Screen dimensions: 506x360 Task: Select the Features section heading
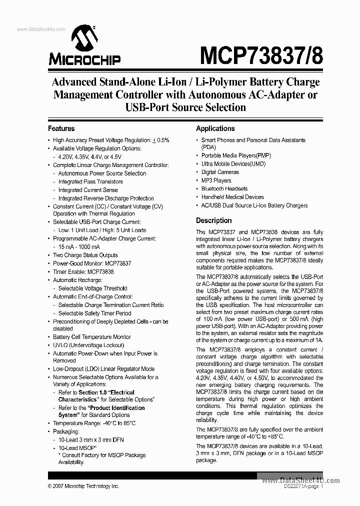pos(61,128)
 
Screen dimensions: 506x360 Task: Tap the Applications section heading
pos(215,128)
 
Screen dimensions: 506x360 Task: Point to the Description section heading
pos(213,220)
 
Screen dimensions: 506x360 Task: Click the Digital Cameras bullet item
pos(220,172)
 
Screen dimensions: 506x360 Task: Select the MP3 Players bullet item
pos(216,180)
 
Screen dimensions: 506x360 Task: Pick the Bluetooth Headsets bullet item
pos(224,188)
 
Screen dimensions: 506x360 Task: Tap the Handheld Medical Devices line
pos(232,197)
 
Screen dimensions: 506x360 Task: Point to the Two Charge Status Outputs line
pos(85,255)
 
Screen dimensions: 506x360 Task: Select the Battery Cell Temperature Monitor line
pos(92,337)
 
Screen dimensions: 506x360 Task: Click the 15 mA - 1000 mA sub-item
pos(78,247)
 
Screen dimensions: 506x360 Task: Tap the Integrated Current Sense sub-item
pos(88,190)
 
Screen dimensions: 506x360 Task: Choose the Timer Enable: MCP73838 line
pos(83,271)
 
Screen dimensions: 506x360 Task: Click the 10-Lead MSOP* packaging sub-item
pos(77,447)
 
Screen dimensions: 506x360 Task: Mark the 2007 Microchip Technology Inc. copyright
pos(83,486)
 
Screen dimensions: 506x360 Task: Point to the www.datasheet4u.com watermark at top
pos(41,29)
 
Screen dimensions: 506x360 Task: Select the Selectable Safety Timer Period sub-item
pos(94,313)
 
